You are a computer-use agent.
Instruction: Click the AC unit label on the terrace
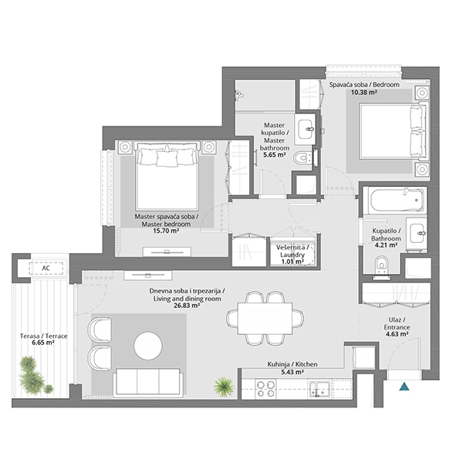[46, 268]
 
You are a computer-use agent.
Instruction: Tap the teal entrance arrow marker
[404, 387]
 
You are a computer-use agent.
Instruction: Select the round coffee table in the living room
[148, 346]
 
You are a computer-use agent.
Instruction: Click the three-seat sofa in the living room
[148, 382]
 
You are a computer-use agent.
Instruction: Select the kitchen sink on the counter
[319, 389]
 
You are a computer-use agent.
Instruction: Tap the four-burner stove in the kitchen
[265, 389]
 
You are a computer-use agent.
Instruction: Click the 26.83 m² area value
[187, 306]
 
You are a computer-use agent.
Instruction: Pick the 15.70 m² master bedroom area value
[166, 231]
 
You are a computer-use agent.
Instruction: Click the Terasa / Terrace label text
[43, 336]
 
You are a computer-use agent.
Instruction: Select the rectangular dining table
[265, 318]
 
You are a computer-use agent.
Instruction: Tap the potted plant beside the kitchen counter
[224, 387]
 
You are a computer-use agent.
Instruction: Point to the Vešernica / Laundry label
[292, 251]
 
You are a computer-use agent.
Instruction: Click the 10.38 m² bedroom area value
[363, 93]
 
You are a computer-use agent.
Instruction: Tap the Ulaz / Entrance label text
[397, 323]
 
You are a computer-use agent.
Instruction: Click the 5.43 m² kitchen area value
[292, 373]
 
